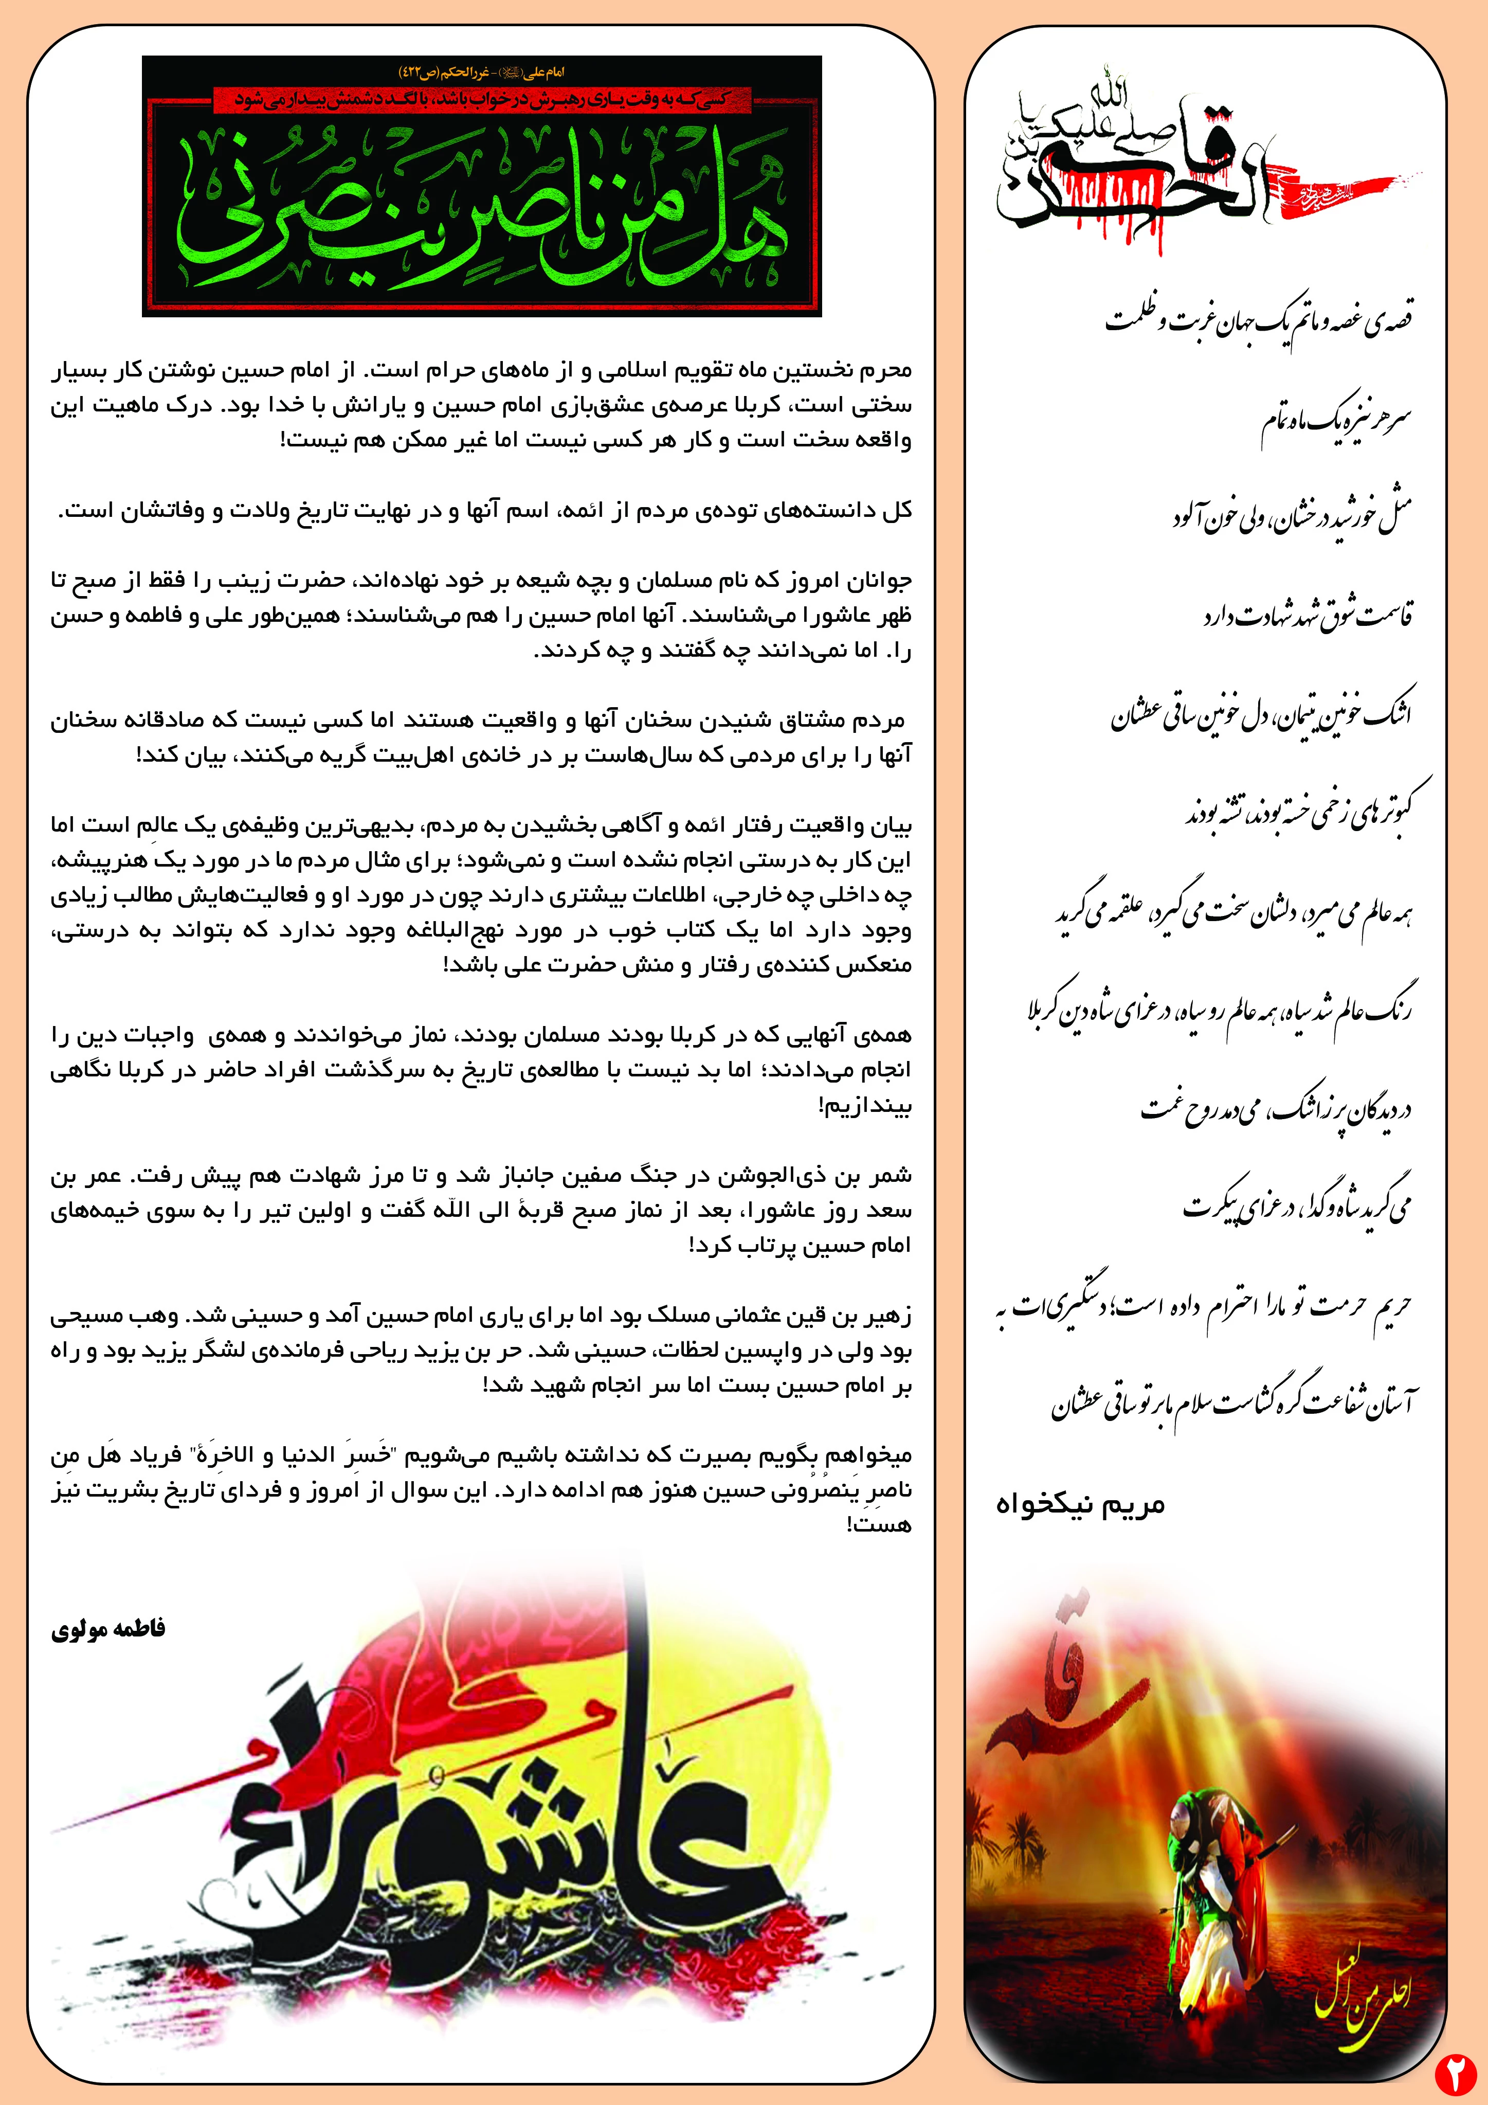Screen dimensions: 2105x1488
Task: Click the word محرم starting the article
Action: tap(885, 370)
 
